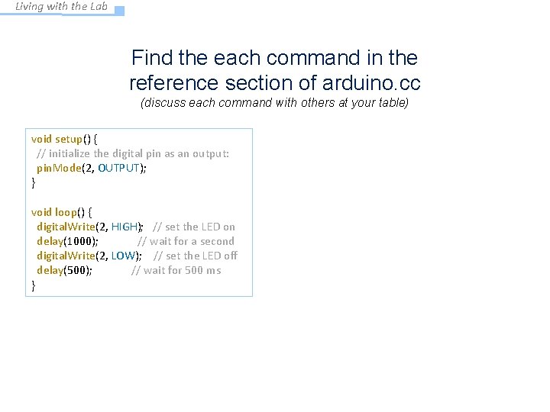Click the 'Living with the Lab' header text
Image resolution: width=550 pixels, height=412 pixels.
[62, 7]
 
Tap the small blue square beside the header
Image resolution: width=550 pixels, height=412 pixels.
[119, 11]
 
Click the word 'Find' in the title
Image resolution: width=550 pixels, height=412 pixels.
[150, 58]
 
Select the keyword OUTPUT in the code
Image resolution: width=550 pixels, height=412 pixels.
[119, 168]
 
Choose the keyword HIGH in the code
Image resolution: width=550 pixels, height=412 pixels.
[125, 227]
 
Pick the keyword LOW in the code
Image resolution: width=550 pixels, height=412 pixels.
[123, 256]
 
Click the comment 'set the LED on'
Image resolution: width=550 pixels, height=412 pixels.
[200, 227]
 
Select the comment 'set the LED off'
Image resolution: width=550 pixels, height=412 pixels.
[201, 256]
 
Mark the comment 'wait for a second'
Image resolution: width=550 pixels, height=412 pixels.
[192, 241]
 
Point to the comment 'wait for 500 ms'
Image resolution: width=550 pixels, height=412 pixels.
[182, 270]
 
